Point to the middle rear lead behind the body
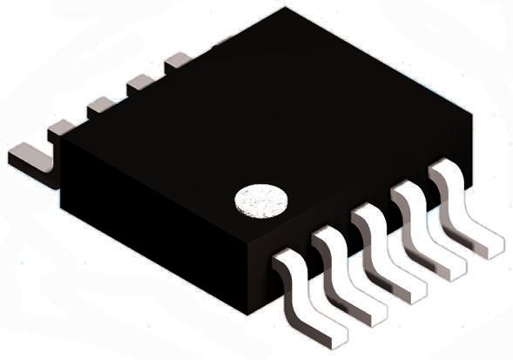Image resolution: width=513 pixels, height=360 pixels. pos(100,105)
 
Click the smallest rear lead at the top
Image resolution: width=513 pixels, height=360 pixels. pos(178,60)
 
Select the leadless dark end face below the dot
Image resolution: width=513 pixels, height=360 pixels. pos(157,235)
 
